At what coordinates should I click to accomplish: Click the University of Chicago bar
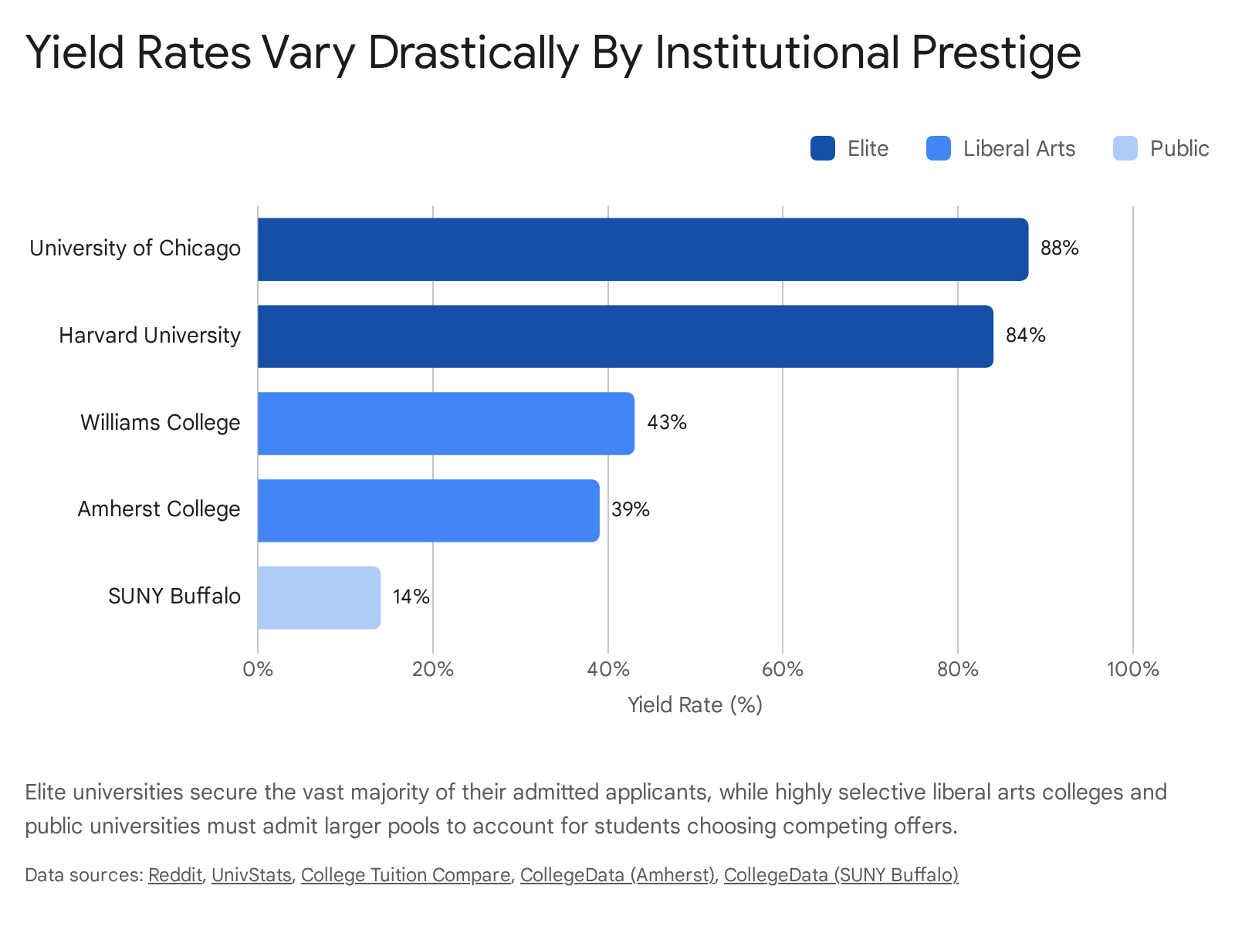(642, 249)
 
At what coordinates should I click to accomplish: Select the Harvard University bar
(625, 336)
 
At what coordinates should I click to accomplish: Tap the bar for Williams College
(446, 424)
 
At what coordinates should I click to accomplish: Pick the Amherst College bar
(428, 511)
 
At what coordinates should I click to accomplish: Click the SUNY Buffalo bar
(319, 597)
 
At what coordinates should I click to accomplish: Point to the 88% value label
(1060, 248)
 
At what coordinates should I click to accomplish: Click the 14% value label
(411, 596)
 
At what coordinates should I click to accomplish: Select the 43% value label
(667, 422)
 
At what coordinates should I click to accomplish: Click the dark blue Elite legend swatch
(823, 148)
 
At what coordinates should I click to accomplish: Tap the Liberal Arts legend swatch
(939, 148)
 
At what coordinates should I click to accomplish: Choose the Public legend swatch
(1125, 148)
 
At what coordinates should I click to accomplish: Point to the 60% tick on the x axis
(783, 670)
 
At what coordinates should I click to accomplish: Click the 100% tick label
(1132, 670)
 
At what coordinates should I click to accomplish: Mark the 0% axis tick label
(258, 670)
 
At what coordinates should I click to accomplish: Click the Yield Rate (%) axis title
(695, 705)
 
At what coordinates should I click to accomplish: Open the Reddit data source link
(175, 875)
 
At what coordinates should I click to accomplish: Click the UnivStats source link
(252, 875)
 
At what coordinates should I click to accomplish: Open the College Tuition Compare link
(406, 875)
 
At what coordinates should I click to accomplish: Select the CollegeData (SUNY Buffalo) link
(841, 875)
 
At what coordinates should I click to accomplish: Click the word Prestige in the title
(996, 53)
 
